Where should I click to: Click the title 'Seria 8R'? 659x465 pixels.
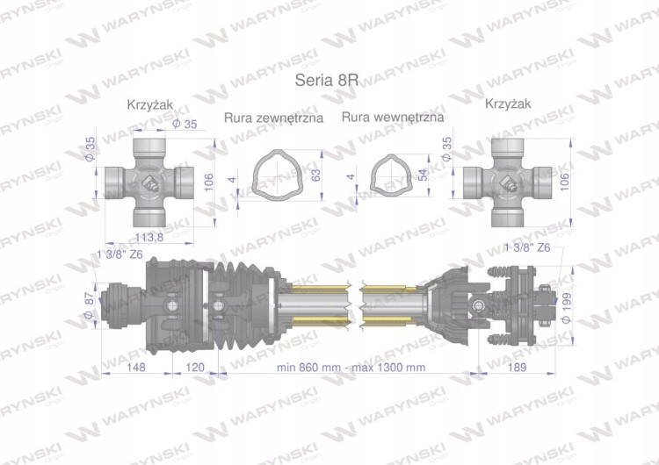[327, 80]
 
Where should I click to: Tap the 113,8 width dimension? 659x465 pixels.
[149, 238]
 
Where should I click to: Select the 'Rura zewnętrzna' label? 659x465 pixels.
[273, 118]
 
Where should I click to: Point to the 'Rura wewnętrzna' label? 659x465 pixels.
[393, 117]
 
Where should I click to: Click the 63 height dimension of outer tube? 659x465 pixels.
[315, 175]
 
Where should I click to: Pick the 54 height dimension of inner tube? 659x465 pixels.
[424, 175]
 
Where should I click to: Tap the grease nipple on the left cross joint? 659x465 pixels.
[150, 184]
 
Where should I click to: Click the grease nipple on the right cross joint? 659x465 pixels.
[509, 184]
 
